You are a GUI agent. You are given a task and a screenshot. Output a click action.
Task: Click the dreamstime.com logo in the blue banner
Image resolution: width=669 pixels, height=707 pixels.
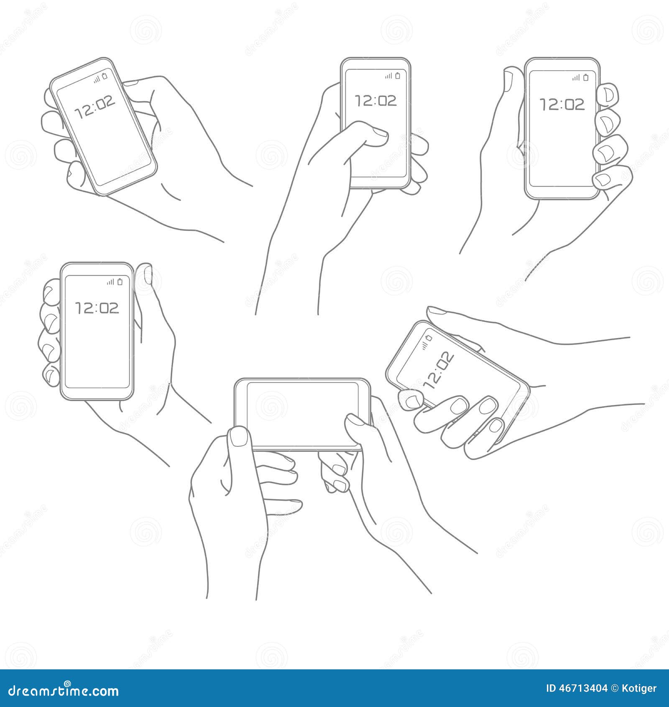click(64, 690)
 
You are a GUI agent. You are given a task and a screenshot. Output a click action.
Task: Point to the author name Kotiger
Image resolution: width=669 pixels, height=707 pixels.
click(640, 688)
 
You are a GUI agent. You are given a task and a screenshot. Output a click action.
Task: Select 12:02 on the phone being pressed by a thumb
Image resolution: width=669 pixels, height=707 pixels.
click(375, 101)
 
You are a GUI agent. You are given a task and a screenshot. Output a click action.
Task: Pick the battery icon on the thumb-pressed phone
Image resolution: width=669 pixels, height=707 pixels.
click(398, 76)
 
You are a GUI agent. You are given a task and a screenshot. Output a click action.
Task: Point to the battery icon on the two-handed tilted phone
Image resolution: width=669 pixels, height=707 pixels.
click(429, 338)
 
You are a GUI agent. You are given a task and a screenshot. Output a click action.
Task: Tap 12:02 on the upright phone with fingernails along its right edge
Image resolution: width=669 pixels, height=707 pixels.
click(562, 104)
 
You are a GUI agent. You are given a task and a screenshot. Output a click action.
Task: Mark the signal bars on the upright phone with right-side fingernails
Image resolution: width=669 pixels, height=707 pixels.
click(577, 77)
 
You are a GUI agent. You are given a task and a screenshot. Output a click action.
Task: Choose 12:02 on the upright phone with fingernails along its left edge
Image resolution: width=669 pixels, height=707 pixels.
click(97, 308)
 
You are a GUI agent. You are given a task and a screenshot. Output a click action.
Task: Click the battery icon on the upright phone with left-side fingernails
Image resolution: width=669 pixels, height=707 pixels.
click(120, 282)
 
